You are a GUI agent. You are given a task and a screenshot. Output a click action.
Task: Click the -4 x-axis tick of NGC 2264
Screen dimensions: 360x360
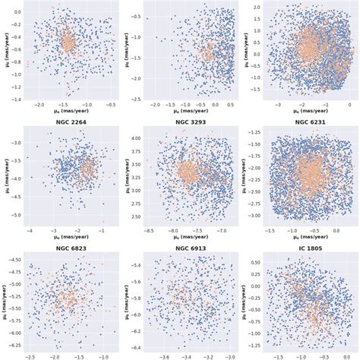[x=29, y=229]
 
